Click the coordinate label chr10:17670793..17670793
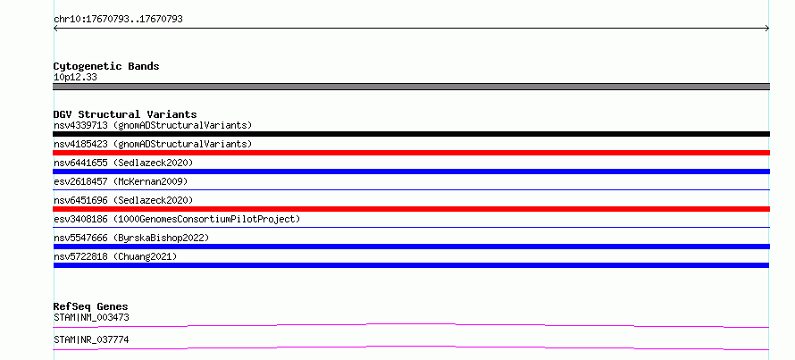[x=118, y=20]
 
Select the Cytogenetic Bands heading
[x=106, y=66]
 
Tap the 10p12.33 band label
[x=75, y=78]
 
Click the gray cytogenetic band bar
[x=411, y=87]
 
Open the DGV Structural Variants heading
[x=125, y=114]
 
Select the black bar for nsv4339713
[x=411, y=134]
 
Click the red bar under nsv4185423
[x=411, y=153]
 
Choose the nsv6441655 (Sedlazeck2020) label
[x=123, y=163]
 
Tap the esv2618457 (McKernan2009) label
[x=121, y=181]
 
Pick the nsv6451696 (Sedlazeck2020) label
[x=123, y=200]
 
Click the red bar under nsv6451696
[x=411, y=209]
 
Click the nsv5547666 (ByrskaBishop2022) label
[x=131, y=238]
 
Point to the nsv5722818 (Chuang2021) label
[x=115, y=256]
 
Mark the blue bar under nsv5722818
[x=411, y=265]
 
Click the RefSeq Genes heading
[x=91, y=306]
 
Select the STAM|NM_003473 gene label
[x=91, y=318]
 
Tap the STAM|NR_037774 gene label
[x=91, y=339]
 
